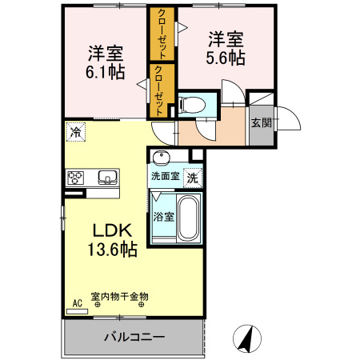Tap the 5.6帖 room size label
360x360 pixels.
click(x=227, y=58)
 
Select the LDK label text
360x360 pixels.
click(x=113, y=230)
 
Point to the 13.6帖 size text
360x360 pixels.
click(x=113, y=250)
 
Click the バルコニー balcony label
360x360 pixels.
click(x=134, y=336)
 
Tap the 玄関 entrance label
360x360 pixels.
click(x=260, y=123)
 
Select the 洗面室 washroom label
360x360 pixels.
click(x=164, y=176)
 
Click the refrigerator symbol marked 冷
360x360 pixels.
click(x=75, y=131)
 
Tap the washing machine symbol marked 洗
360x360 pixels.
click(x=192, y=178)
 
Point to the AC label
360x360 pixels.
click(x=78, y=302)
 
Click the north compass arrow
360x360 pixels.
click(x=246, y=338)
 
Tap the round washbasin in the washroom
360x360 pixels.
click(x=162, y=158)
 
